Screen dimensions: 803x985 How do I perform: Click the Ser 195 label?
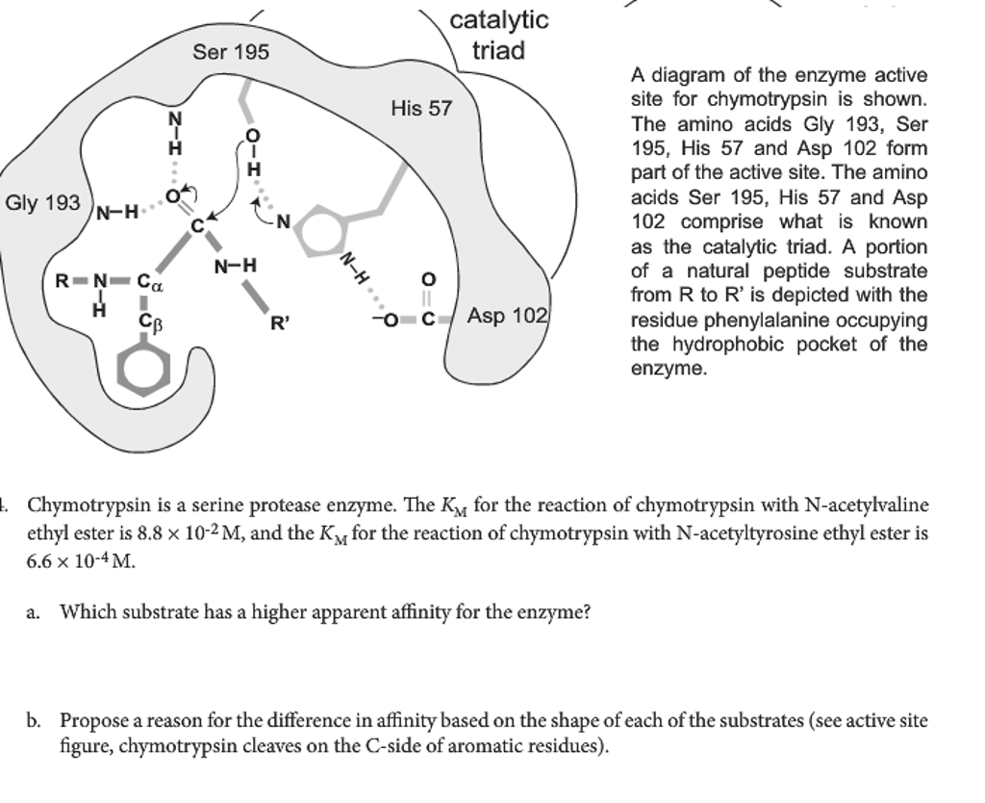coord(231,52)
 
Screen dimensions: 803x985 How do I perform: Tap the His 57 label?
coord(420,109)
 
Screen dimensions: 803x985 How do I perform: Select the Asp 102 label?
coord(508,316)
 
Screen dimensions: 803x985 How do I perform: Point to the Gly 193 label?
coord(42,203)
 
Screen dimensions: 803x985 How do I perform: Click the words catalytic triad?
coord(498,35)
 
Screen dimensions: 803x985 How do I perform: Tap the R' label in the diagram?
coord(279,324)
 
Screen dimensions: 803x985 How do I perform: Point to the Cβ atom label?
coord(149,322)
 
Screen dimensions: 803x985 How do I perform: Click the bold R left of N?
coord(62,282)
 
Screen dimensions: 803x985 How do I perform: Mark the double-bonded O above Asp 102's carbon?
coord(429,279)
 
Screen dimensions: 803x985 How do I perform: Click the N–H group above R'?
coord(235,265)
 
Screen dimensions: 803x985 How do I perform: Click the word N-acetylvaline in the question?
coord(867,505)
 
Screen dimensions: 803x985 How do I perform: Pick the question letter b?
coord(35,719)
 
